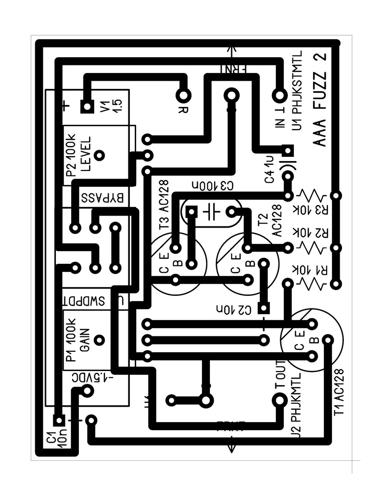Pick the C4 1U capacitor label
coord(269,169)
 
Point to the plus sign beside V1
coord(66,106)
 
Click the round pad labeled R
coord(183,95)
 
